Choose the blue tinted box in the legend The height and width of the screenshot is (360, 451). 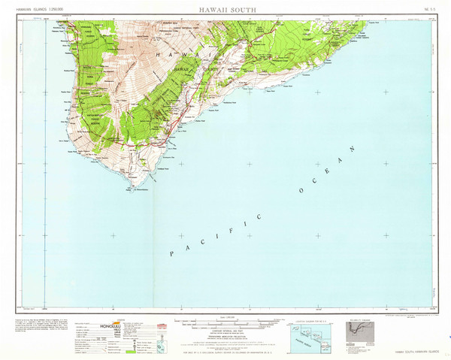[x=157, y=330]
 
